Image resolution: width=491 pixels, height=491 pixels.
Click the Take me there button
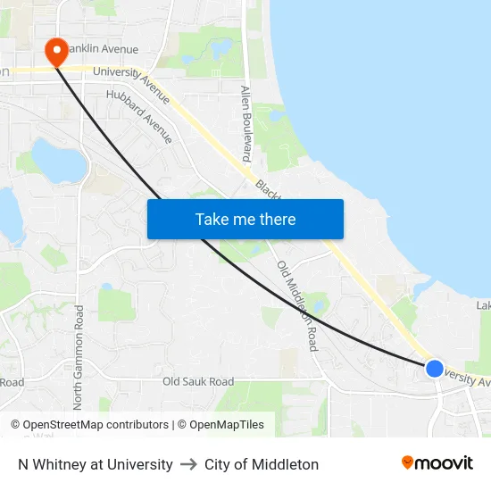pos(245,219)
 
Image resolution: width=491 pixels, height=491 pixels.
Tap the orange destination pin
pos(55,50)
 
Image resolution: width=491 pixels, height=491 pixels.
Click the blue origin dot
pos(435,368)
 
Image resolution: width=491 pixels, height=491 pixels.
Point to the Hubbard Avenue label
pos(137,116)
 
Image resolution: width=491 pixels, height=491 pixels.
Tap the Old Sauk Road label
pos(198,382)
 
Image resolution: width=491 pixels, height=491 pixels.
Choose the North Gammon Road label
pos(79,357)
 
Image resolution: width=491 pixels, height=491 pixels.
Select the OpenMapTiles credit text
pos(224,425)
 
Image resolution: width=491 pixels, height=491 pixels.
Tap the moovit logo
pos(437,463)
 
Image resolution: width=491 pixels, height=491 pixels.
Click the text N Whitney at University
pos(96,464)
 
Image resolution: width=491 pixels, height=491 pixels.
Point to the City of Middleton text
pos(261,464)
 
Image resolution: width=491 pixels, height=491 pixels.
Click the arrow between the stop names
pos(188,464)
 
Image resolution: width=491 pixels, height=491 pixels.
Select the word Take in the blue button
pos(212,219)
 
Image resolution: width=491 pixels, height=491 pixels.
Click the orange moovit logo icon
pos(408,462)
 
